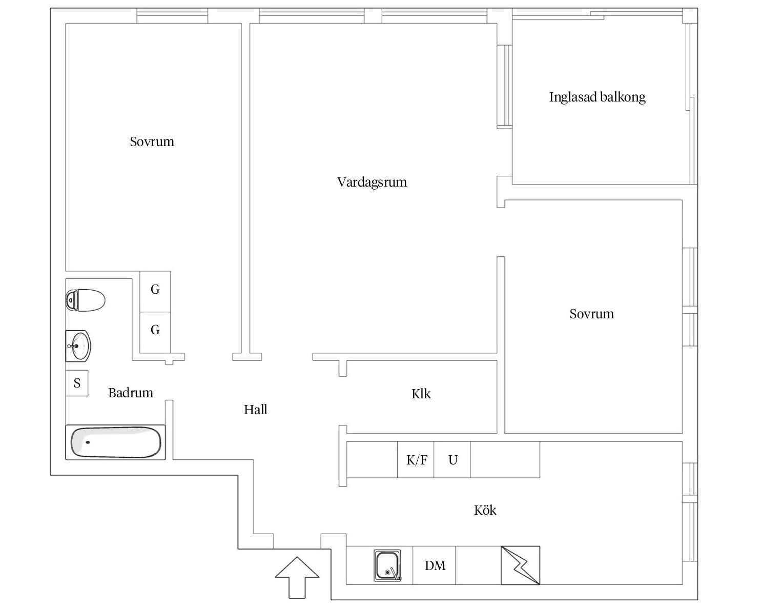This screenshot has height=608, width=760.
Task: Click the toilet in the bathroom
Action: pyautogui.click(x=86, y=300)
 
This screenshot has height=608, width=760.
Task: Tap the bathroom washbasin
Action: pyautogui.click(x=78, y=346)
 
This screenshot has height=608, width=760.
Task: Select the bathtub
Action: pyautogui.click(x=115, y=442)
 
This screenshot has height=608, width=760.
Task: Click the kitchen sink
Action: pyautogui.click(x=387, y=565)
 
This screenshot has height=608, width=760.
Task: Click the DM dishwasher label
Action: pyautogui.click(x=435, y=565)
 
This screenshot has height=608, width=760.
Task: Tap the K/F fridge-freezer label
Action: pyautogui.click(x=417, y=460)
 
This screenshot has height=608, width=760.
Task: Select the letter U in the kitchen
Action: pyautogui.click(x=453, y=460)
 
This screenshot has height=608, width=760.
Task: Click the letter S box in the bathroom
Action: pyautogui.click(x=77, y=383)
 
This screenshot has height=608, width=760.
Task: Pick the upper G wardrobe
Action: pyautogui.click(x=155, y=292)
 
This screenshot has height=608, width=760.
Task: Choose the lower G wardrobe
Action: pyautogui.click(x=155, y=332)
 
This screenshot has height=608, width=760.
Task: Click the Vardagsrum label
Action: pyautogui.click(x=372, y=183)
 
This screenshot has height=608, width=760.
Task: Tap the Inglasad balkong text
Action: pyautogui.click(x=597, y=97)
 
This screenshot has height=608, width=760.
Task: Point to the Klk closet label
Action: pyautogui.click(x=421, y=394)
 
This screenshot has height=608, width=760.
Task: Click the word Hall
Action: pyautogui.click(x=255, y=410)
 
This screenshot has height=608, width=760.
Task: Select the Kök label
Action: pyautogui.click(x=485, y=510)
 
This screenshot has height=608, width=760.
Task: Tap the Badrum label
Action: pyautogui.click(x=131, y=393)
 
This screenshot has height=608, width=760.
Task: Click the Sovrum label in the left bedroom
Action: pyautogui.click(x=152, y=141)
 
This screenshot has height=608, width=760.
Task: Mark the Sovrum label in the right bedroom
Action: pyautogui.click(x=591, y=314)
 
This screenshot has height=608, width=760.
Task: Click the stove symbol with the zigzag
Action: pyautogui.click(x=521, y=565)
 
